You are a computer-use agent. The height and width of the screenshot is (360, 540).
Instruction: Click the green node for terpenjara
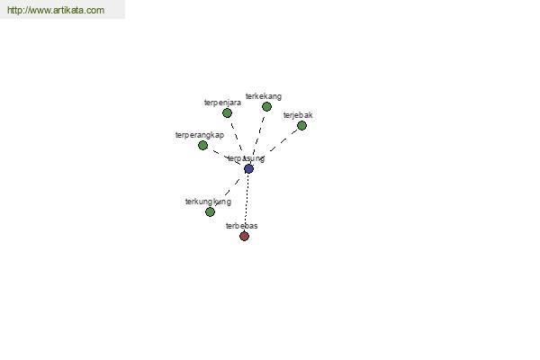coord(227,113)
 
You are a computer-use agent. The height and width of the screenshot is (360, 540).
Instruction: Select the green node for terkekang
coord(266,107)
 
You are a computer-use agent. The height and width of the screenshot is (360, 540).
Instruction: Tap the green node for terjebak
coord(301,126)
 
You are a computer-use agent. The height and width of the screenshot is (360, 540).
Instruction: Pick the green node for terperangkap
coord(202,145)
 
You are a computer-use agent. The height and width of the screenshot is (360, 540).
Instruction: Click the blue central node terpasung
coord(248,168)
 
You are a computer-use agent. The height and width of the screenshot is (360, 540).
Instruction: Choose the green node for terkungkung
coord(210,212)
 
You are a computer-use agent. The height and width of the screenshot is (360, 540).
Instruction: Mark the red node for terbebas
coord(244,237)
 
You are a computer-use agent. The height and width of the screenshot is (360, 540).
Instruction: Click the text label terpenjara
coord(222,103)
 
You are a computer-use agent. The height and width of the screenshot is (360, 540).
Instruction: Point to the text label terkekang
coord(263,96)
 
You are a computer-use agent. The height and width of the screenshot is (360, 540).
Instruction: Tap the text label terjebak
coord(298,115)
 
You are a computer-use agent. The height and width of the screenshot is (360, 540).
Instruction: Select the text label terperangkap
coord(199,135)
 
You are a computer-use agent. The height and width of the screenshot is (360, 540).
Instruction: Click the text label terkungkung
coord(208,202)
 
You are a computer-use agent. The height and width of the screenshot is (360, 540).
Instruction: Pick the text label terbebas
coord(241,226)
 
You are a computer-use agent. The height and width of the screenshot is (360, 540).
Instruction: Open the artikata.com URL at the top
coord(56,11)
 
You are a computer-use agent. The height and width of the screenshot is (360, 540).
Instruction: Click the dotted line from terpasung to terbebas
coord(247,202)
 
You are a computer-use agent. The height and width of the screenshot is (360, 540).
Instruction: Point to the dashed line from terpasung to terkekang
coord(258,136)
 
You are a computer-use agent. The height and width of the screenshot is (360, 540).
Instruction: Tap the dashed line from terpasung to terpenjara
coord(237,139)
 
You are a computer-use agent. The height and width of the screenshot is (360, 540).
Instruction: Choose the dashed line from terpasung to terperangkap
coord(224,156)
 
